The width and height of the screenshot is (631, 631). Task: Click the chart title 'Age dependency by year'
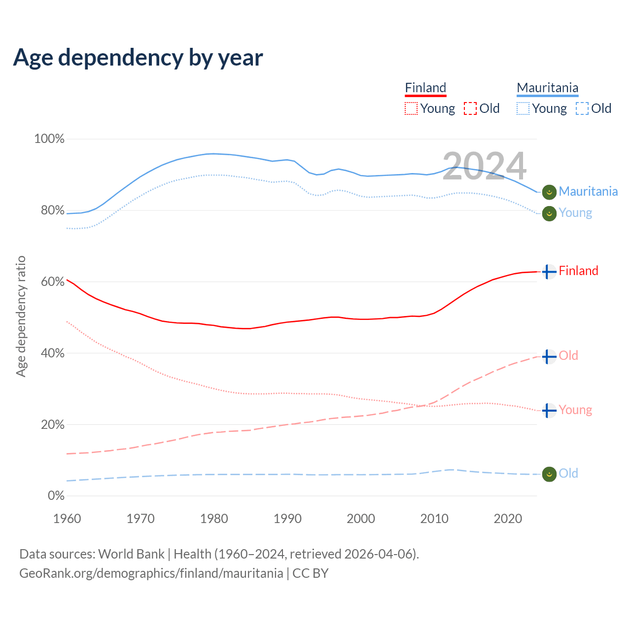coord(138,58)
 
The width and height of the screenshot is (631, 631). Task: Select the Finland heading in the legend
coord(425,88)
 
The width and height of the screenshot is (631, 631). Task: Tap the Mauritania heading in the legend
coord(547,88)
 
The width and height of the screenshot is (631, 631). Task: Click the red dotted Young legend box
coord(411,108)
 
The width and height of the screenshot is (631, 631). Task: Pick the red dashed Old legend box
coord(470,108)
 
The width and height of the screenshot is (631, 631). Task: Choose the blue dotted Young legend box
coord(523,108)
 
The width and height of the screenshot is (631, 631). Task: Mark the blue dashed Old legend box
coord(582,108)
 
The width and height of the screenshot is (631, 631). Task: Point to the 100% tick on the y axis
coord(49,139)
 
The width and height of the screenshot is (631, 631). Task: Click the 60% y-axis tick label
coord(53,282)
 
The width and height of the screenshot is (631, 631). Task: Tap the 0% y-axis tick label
coord(56,496)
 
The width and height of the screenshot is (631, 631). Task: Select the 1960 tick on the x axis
coord(67,519)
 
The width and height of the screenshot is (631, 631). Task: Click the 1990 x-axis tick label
coord(287,519)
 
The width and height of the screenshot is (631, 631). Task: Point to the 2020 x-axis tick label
coord(508,519)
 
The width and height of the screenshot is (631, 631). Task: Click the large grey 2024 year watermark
coord(484,166)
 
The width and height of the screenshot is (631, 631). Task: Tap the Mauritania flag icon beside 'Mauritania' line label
coord(549,192)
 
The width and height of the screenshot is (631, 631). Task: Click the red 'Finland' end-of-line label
coord(578,271)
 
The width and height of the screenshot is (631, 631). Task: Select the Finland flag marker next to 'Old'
coord(549,356)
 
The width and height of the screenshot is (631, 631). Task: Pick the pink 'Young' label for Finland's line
coord(575,410)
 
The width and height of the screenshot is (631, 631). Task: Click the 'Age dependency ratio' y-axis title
coord(21,316)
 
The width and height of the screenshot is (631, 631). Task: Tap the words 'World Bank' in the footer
coord(131,554)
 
